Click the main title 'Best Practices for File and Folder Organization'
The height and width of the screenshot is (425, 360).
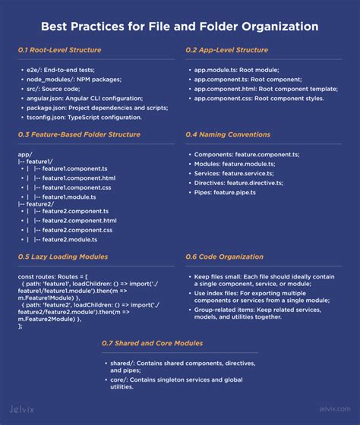[180, 27]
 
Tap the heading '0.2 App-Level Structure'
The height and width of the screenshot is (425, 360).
[226, 50]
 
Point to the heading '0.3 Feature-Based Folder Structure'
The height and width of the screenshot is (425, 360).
[79, 134]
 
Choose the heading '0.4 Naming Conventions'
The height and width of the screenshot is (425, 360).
[226, 134]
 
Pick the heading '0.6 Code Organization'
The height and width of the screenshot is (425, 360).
[224, 257]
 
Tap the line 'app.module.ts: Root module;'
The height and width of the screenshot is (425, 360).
[232, 70]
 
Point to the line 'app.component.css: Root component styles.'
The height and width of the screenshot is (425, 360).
[258, 99]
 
